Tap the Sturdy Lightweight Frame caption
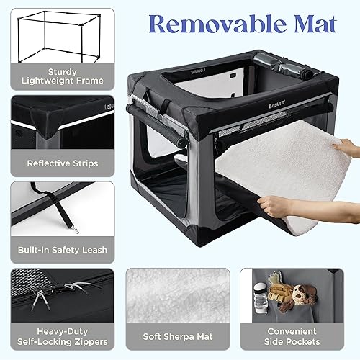pos(58,76)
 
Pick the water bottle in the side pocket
pos(261,300)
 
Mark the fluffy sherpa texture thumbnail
pos(178,295)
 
